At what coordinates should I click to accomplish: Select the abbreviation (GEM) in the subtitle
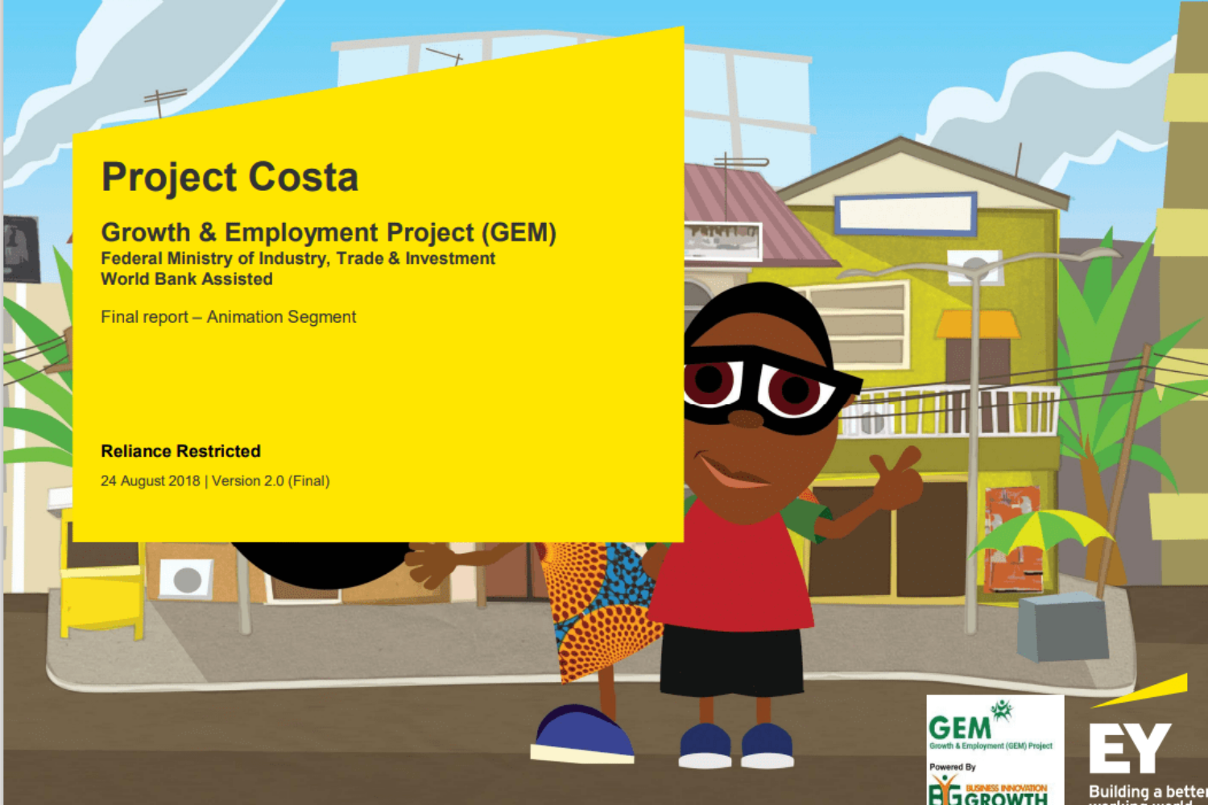point(519,233)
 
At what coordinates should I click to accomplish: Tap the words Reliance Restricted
point(180,452)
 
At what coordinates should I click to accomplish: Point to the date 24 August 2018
point(150,481)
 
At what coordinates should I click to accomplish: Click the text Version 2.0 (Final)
point(271,481)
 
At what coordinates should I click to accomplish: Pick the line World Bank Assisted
point(186,279)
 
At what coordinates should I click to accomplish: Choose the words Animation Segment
point(281,317)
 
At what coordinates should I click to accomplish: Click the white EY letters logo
point(1128,748)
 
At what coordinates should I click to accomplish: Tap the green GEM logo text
point(959,728)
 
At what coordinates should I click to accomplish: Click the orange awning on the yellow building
point(976,324)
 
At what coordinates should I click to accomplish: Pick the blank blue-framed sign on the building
point(906,214)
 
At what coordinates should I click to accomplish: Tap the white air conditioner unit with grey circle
point(187,579)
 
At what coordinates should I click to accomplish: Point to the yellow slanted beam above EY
point(1144,691)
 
